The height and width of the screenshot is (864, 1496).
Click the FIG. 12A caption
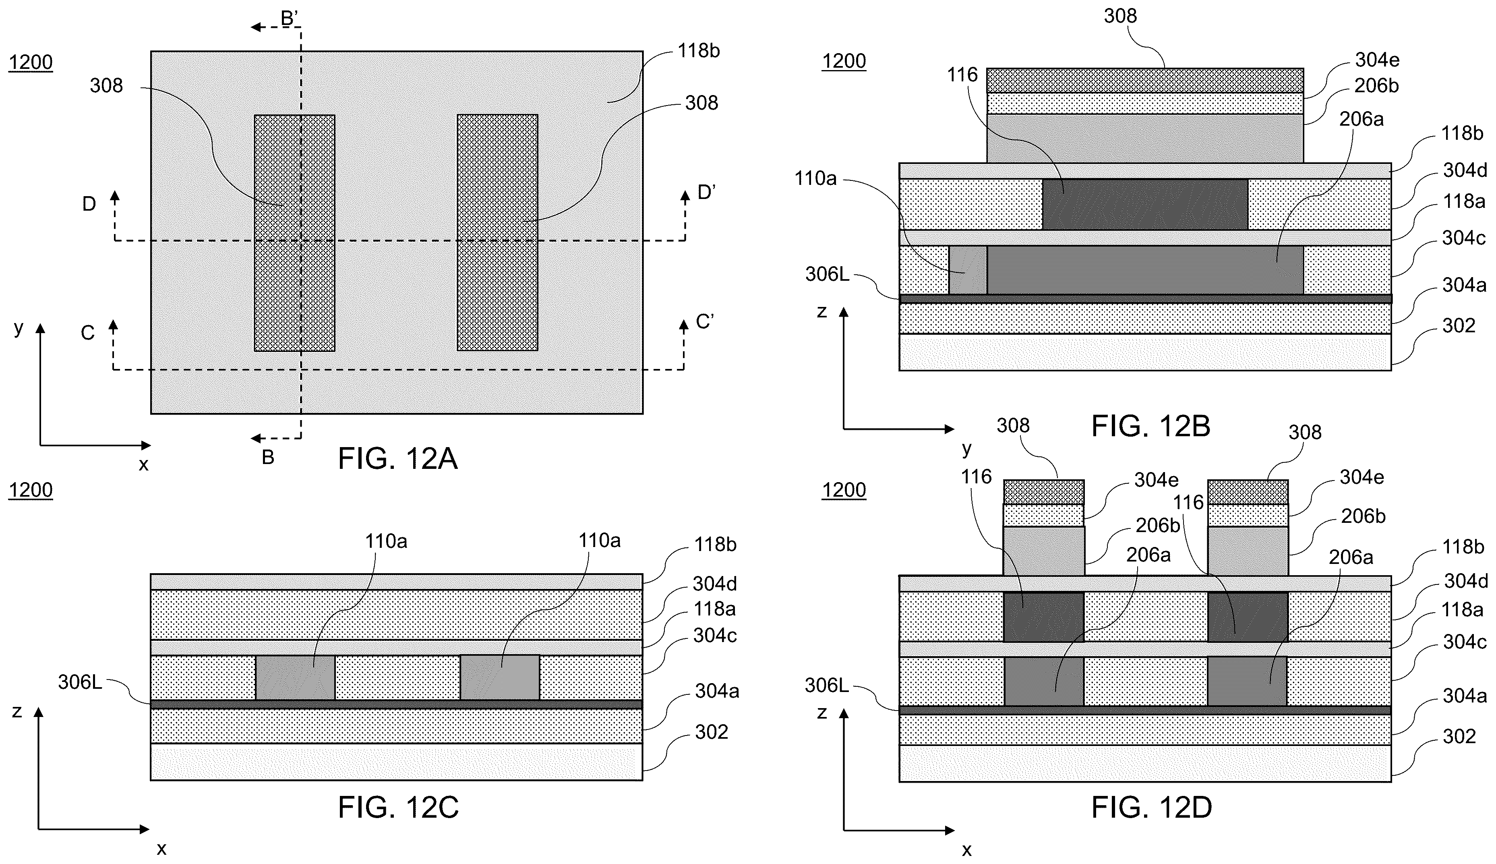coord(397,459)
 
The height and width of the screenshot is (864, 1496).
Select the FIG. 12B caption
coord(1151,426)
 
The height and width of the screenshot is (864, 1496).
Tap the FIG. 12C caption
coord(398,807)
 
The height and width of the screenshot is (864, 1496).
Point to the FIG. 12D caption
coord(1151,808)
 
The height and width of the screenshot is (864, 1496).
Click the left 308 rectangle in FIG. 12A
coord(295,233)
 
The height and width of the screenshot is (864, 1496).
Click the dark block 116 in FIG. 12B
coord(1145,204)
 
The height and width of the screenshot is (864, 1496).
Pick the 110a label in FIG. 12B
coord(815,178)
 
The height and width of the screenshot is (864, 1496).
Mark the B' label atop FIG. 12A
coord(290,19)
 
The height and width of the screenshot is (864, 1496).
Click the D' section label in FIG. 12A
coord(706,192)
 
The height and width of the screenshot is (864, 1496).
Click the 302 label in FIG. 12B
coord(1459,325)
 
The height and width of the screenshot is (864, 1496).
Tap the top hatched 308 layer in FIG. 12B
coord(1145,81)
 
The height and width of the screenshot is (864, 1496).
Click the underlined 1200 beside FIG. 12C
coord(31,490)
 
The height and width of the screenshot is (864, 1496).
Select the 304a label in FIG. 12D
coord(1465,696)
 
